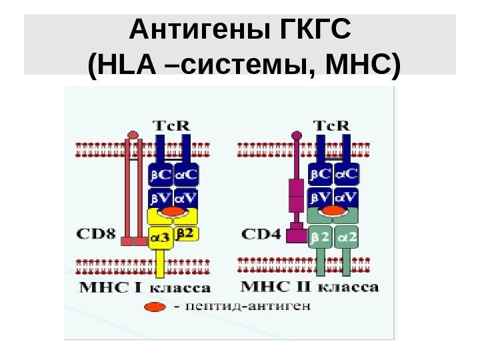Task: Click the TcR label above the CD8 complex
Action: [x=172, y=125]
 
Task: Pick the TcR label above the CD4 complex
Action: [x=332, y=125]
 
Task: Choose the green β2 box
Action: [x=321, y=235]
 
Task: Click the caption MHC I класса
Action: [x=145, y=288]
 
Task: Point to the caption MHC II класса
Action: [x=309, y=287]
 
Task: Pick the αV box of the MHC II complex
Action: [x=346, y=197]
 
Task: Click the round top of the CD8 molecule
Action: [x=133, y=135]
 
